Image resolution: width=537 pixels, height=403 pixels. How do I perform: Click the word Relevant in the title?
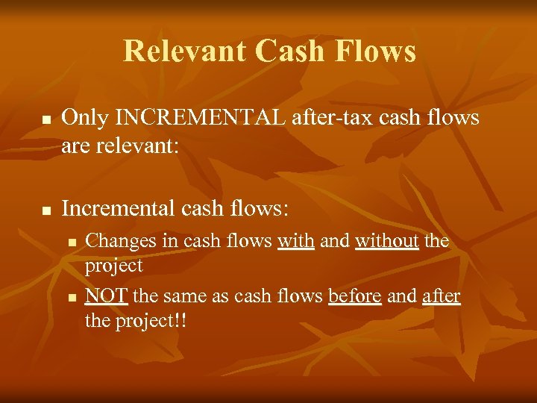[183, 51]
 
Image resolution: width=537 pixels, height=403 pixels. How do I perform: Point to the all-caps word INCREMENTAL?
[191, 118]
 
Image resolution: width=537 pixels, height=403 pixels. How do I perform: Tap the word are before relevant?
[75, 144]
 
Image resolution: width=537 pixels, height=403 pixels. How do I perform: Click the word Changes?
[116, 241]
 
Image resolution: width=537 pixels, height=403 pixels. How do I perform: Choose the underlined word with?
[295, 241]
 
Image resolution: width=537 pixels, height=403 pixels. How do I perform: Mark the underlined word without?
[387, 241]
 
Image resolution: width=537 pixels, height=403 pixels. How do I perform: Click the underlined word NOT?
[107, 297]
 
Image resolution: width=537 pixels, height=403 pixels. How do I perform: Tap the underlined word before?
[355, 297]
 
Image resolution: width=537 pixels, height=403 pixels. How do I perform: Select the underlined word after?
[442, 297]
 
